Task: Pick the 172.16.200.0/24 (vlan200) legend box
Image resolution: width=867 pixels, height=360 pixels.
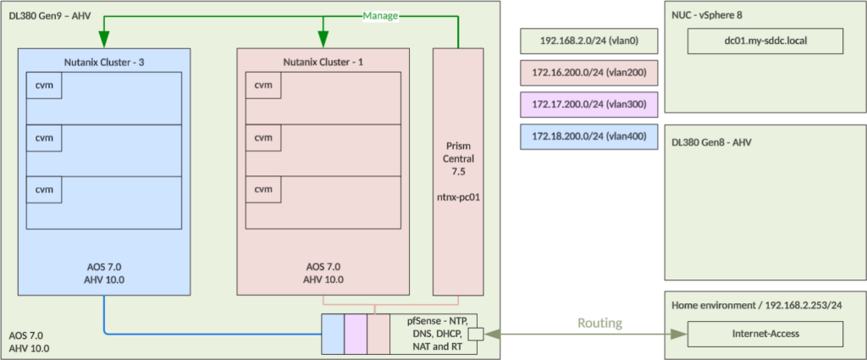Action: pos(588,74)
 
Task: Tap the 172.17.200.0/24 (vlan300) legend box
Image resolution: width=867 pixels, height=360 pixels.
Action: pos(588,105)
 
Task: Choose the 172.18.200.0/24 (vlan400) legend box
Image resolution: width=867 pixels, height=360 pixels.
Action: pos(588,136)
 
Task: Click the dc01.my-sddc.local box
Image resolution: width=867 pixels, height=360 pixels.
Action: pos(765,41)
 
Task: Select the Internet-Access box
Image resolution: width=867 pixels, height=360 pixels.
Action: pos(765,334)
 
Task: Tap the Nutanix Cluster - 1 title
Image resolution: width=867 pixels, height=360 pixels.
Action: pos(323,61)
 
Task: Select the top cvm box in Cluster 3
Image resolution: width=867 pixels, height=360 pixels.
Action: pos(43,86)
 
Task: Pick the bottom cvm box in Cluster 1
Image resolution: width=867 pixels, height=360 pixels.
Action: pos(263,188)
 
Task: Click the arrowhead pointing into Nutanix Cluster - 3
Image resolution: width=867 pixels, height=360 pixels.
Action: pos(105,41)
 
